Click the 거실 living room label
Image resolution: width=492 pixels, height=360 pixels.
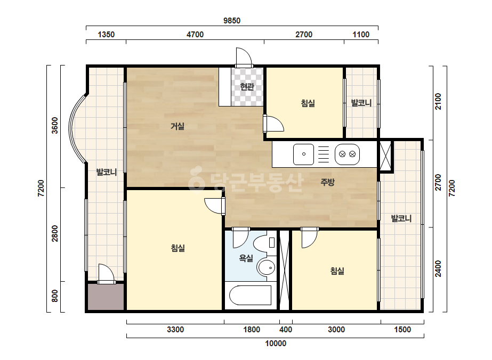click(x=178, y=126)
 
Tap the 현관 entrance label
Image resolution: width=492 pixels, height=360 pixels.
click(x=247, y=86)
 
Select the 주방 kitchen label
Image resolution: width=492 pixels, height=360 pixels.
click(x=328, y=182)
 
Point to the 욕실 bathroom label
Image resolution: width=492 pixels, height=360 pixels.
click(x=246, y=258)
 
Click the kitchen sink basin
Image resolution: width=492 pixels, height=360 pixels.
click(x=303, y=154)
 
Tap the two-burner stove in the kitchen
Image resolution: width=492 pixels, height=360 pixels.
click(x=348, y=154)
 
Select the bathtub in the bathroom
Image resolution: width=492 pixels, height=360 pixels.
click(x=251, y=295)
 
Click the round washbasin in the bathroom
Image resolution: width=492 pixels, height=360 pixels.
click(x=267, y=267)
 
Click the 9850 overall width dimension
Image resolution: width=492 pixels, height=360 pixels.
click(x=232, y=21)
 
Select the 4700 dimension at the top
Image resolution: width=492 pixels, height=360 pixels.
click(x=195, y=35)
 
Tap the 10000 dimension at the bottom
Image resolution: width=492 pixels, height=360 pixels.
click(x=276, y=343)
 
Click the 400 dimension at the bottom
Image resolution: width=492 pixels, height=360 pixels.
click(x=286, y=330)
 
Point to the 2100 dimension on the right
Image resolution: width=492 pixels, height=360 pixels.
click(x=438, y=101)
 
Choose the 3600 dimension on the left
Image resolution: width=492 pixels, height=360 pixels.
click(x=55, y=126)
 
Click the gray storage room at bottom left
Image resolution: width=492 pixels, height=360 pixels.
click(x=106, y=297)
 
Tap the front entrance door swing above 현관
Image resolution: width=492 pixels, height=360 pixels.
click(x=244, y=56)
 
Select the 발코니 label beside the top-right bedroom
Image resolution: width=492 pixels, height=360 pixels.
click(x=361, y=103)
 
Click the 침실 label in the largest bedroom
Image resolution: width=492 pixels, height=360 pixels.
click(x=178, y=248)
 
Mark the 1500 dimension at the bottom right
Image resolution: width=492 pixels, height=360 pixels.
click(x=402, y=330)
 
